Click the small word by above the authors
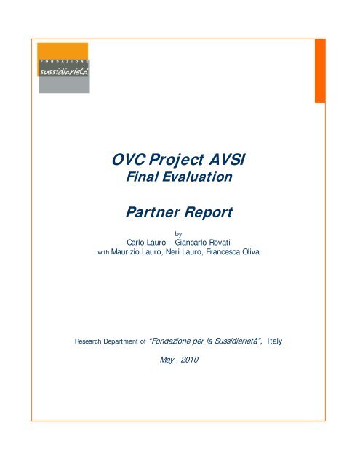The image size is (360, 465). [179, 235]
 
